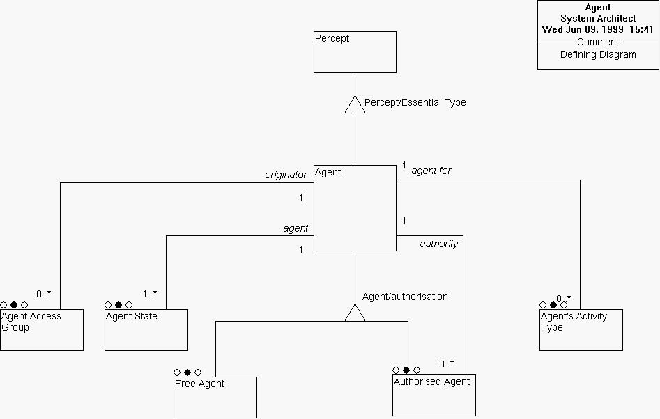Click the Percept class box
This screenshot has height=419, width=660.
(355, 52)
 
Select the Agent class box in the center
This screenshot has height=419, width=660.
(355, 207)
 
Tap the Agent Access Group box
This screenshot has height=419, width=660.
(41, 329)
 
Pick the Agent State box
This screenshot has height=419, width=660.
(146, 329)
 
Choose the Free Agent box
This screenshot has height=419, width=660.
(215, 397)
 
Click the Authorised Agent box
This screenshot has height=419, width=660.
(433, 395)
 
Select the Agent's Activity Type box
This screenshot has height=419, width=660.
(581, 329)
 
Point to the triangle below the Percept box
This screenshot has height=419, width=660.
(355, 104)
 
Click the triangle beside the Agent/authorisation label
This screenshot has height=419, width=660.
(355, 314)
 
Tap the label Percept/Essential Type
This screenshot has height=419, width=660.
(415, 102)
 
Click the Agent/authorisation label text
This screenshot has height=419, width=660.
(405, 297)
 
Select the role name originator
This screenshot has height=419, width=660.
(286, 175)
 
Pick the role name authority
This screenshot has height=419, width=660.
(438, 244)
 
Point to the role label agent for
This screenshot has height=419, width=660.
(431, 171)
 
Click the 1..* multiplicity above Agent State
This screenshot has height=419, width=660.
(150, 294)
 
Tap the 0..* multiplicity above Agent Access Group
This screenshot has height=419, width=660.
(43, 294)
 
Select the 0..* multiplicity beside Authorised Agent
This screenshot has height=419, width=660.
(446, 363)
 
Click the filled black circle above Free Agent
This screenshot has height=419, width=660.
(187, 372)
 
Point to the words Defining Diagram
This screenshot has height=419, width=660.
(598, 54)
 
